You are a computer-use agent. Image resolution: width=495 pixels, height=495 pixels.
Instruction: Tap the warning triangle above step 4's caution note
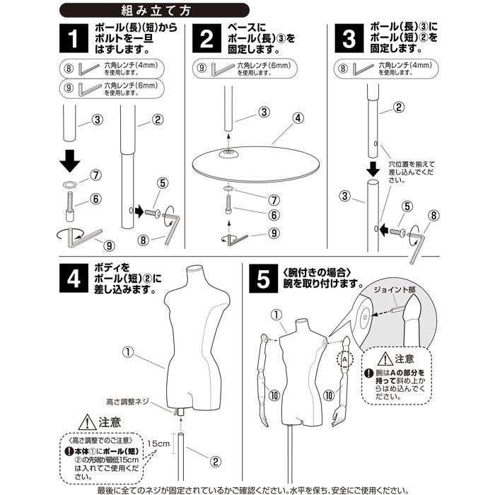[x=89, y=422]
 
